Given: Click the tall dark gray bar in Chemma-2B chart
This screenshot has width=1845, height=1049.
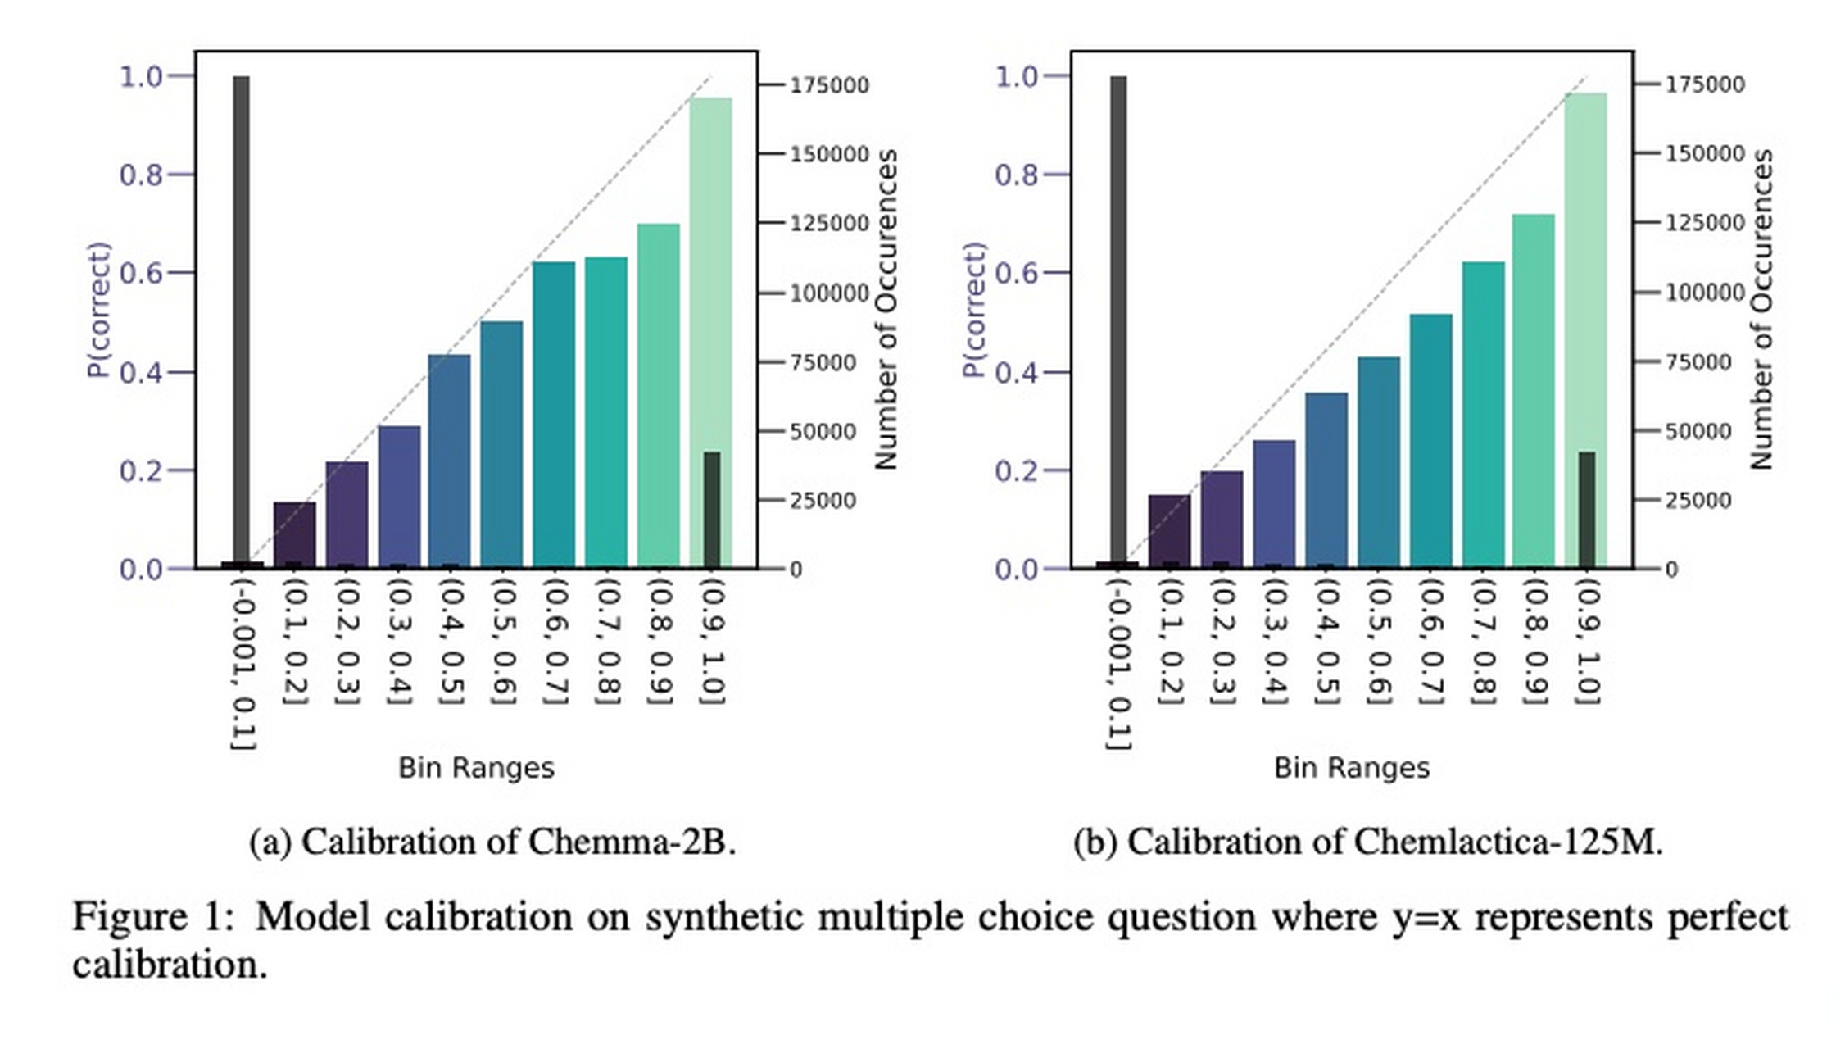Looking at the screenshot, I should click(x=241, y=320).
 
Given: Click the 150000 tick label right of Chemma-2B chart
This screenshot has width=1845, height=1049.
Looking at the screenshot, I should click(x=828, y=154).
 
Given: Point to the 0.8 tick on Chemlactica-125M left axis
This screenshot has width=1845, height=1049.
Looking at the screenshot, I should click(x=1016, y=175).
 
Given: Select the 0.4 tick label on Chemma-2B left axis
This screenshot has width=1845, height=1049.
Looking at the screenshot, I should click(x=141, y=373).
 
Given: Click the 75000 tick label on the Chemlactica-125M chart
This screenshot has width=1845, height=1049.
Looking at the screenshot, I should click(x=1698, y=362).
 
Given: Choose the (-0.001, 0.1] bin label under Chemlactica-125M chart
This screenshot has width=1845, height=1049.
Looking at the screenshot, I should click(x=1119, y=664).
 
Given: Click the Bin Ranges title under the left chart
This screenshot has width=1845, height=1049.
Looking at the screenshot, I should click(x=476, y=769).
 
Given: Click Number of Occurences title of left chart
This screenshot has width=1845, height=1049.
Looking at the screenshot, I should click(x=886, y=310).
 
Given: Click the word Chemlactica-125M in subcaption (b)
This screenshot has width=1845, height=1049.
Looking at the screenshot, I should click(x=1506, y=842).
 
